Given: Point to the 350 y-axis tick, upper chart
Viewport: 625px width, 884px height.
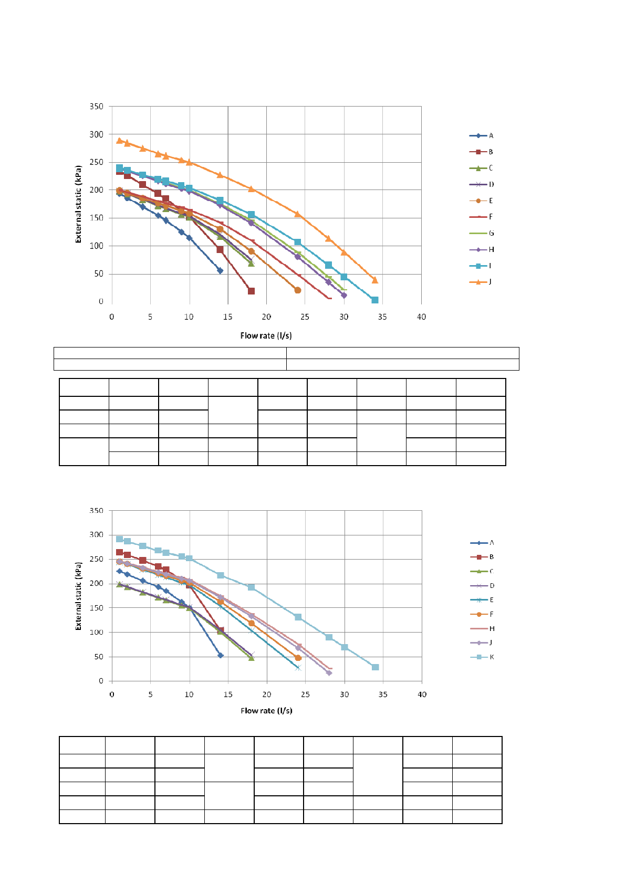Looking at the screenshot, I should [97, 107].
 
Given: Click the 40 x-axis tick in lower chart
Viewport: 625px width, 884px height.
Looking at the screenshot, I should [422, 694].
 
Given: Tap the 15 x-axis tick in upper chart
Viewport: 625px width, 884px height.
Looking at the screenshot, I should [228, 317].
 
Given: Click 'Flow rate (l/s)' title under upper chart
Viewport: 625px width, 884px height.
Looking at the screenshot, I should [266, 335].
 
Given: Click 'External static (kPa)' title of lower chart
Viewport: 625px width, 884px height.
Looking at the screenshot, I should [79, 596].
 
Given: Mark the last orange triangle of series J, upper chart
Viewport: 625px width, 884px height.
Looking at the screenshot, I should [374, 280].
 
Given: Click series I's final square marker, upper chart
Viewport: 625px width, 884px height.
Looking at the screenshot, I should [374, 300].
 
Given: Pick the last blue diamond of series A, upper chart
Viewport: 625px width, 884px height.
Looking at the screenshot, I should [220, 271].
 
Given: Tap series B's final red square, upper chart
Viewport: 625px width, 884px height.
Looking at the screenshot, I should [251, 291].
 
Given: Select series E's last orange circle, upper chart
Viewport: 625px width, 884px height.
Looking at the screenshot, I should [298, 290].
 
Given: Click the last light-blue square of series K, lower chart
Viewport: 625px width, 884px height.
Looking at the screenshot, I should [375, 667].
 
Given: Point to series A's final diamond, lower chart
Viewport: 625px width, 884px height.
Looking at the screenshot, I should [221, 655].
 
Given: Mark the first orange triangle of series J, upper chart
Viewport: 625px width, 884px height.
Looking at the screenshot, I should [119, 141].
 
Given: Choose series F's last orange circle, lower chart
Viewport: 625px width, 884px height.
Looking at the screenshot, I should [298, 658].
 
